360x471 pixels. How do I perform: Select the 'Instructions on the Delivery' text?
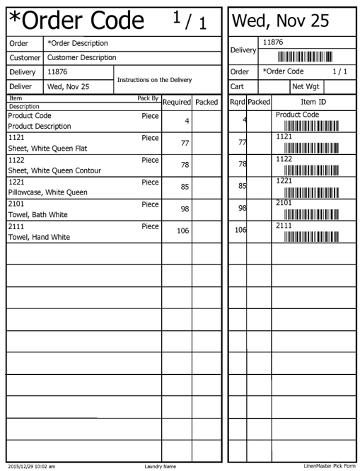[x=153, y=80]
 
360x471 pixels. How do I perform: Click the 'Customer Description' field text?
[x=81, y=57]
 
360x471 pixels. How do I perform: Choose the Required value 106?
[x=182, y=231]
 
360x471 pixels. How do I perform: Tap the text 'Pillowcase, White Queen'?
[x=48, y=192]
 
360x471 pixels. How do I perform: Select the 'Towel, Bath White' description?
[x=37, y=214]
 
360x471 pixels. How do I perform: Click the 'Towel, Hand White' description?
[x=39, y=237]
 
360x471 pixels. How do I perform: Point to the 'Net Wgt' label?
[x=306, y=86]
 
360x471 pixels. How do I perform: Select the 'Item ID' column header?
[x=313, y=103]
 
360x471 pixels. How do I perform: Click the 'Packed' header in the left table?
[x=207, y=103]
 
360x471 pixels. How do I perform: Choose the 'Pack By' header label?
[x=148, y=98]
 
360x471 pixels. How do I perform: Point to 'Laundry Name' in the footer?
[x=160, y=466]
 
